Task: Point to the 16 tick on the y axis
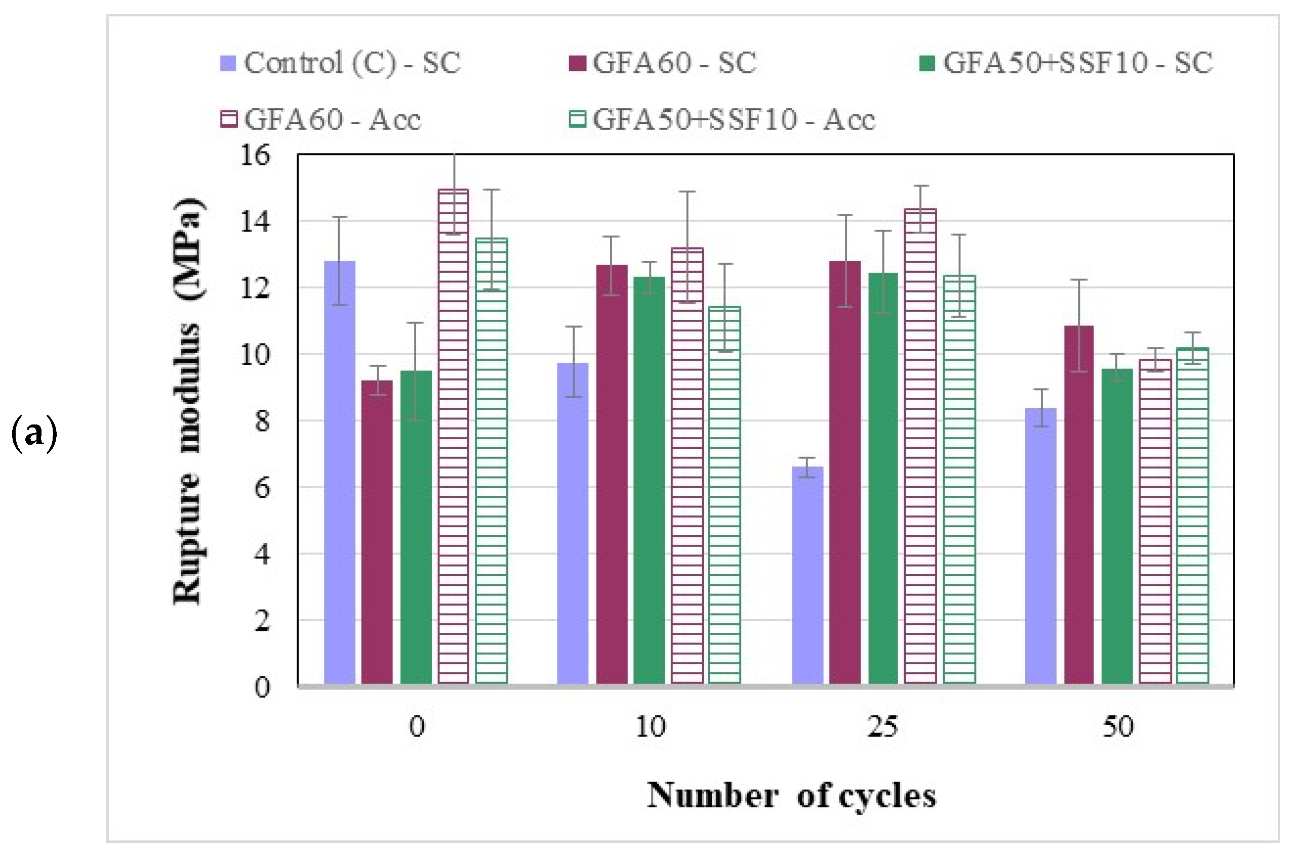(x=255, y=155)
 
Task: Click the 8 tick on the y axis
(x=262, y=421)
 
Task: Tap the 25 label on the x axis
(x=882, y=727)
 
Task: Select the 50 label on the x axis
(x=1118, y=727)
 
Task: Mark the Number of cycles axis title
(x=791, y=796)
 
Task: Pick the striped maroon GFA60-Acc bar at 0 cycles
(x=454, y=436)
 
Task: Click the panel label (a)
(x=34, y=434)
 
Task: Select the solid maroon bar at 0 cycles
(x=377, y=532)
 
